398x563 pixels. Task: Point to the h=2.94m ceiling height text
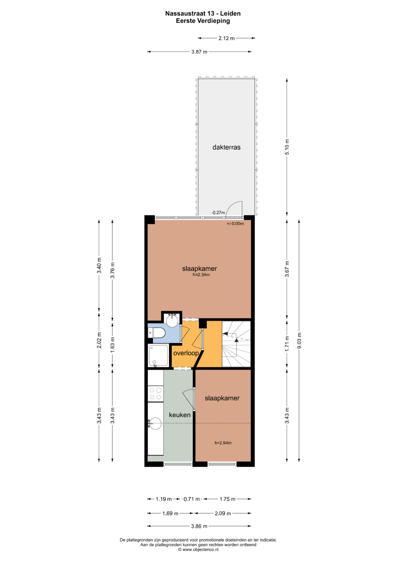[223, 450]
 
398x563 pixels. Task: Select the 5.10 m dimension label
[287, 147]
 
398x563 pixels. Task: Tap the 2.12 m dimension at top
[226, 38]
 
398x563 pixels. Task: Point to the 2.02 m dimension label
[99, 340]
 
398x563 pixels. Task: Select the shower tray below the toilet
[158, 356]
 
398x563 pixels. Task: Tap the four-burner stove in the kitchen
[156, 394]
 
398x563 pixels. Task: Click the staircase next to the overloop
[236, 344]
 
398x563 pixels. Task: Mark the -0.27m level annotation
[218, 213]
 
